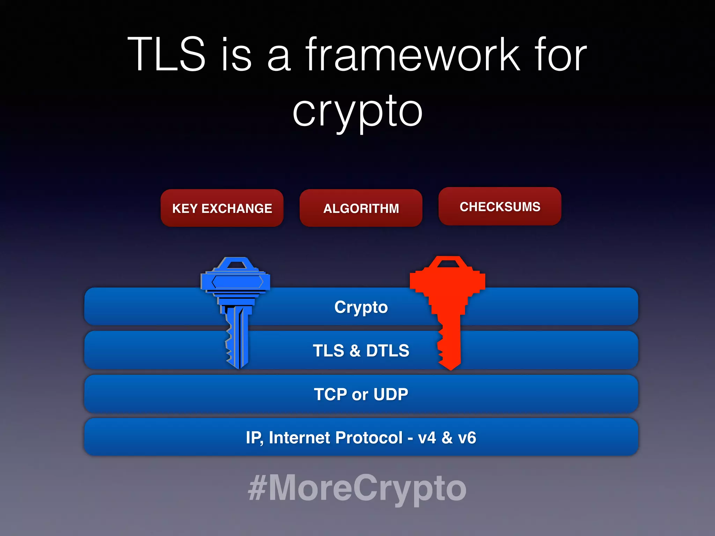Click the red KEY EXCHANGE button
pyautogui.click(x=222, y=208)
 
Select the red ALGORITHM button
pyautogui.click(x=361, y=208)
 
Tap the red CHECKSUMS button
pyautogui.click(x=500, y=207)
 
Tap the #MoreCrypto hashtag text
pyautogui.click(x=357, y=488)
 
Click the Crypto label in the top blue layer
pyautogui.click(x=361, y=307)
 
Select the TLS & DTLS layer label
pyautogui.click(x=361, y=350)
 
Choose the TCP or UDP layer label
pyautogui.click(x=361, y=394)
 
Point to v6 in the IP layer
pyautogui.click(x=467, y=438)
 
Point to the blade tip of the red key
pyautogui.click(x=450, y=367)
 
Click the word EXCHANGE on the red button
pyautogui.click(x=237, y=208)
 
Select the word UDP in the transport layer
pyautogui.click(x=391, y=394)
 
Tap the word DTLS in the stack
pyautogui.click(x=388, y=350)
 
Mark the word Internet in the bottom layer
pyautogui.click(x=301, y=438)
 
